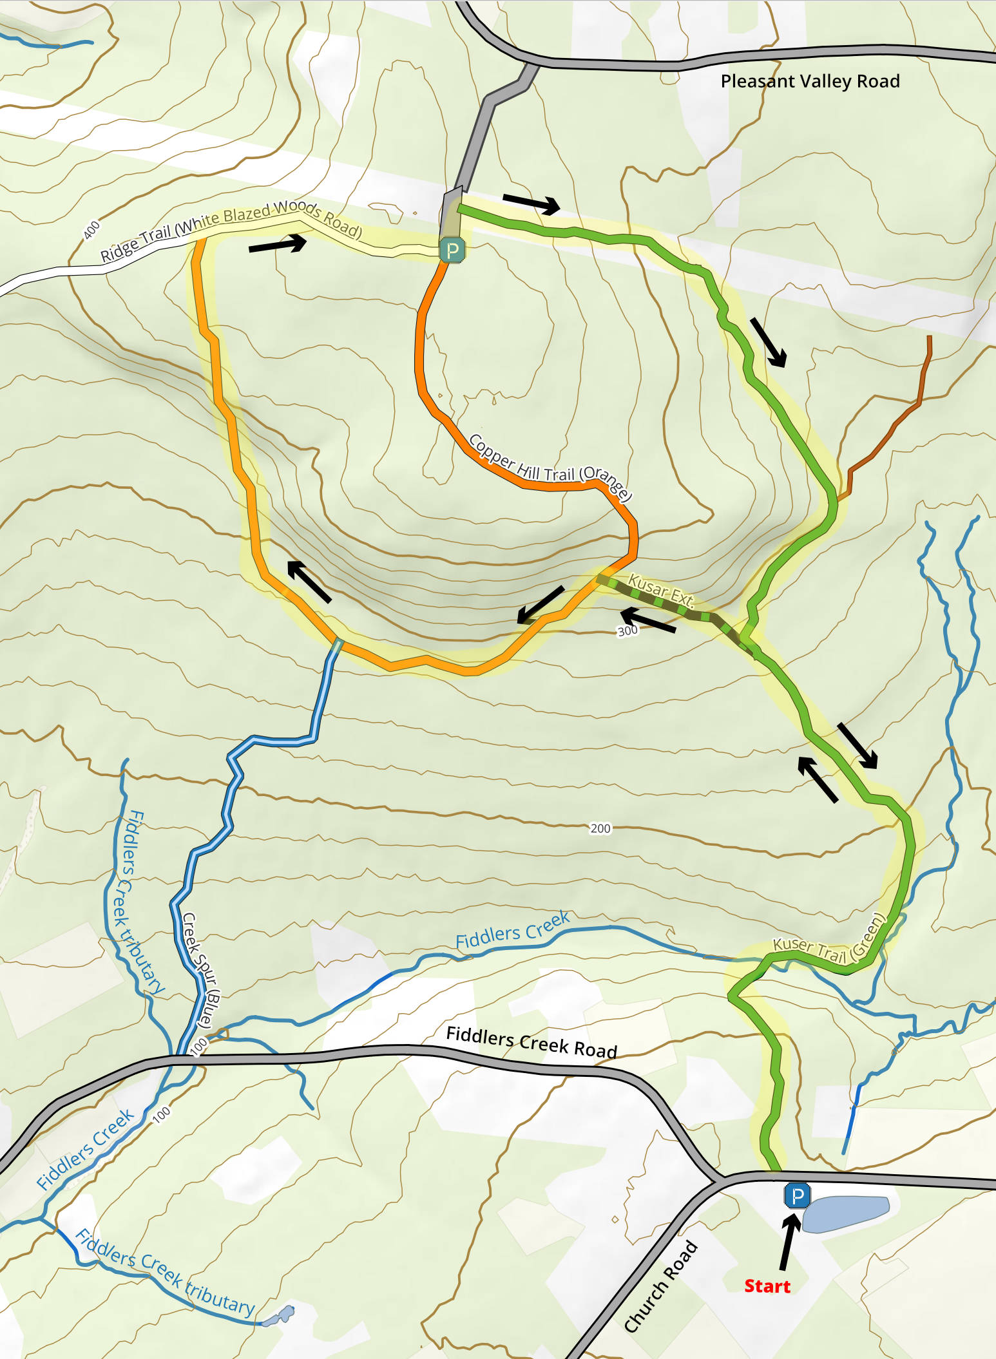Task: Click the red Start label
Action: pyautogui.click(x=767, y=1286)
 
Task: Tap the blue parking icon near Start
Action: pyautogui.click(x=797, y=1196)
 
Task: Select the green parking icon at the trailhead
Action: pyautogui.click(x=452, y=250)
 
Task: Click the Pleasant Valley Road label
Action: pyautogui.click(x=810, y=81)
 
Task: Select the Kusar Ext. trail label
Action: pyautogui.click(x=661, y=591)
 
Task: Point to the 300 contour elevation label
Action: pyautogui.click(x=627, y=631)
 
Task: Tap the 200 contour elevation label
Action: pyautogui.click(x=600, y=828)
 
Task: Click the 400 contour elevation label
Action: pyautogui.click(x=92, y=229)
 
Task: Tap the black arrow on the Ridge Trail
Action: pyautogui.click(x=277, y=243)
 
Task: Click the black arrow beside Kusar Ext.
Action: pyautogui.click(x=648, y=620)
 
